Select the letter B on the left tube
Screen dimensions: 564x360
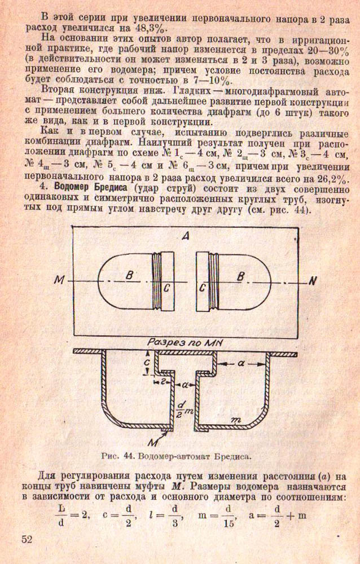129,276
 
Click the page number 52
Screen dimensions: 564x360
27,538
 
